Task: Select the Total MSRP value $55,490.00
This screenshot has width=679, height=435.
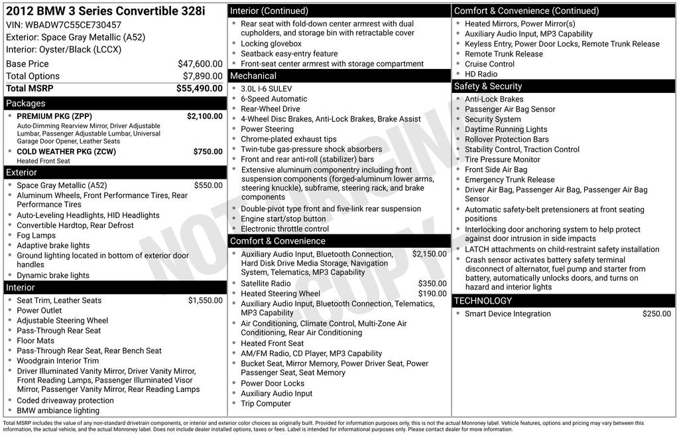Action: coord(199,88)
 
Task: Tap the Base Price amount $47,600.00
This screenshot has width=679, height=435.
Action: coord(200,64)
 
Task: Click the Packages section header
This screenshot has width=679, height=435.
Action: coord(26,103)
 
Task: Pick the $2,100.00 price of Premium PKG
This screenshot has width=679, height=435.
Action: coord(204,116)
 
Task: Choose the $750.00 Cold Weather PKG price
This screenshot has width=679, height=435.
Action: coord(208,151)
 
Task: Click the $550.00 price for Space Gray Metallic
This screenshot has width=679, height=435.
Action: coord(208,185)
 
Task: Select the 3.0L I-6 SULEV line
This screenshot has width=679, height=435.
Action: coord(266,89)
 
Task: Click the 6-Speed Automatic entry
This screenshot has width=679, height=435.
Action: coord(274,99)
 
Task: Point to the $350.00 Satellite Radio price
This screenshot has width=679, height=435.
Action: coord(432,284)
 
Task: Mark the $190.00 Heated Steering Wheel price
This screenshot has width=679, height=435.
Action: coord(432,294)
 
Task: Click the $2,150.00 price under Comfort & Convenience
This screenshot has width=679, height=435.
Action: coord(429,254)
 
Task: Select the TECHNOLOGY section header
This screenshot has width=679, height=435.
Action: coord(483,301)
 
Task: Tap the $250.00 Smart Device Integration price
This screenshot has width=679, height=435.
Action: coord(656,314)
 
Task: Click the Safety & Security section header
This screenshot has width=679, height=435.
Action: coord(487,86)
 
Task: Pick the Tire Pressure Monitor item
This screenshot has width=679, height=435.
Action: coord(502,159)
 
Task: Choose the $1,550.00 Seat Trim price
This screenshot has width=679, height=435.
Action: coord(205,300)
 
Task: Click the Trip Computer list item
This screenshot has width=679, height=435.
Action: coord(265,403)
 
